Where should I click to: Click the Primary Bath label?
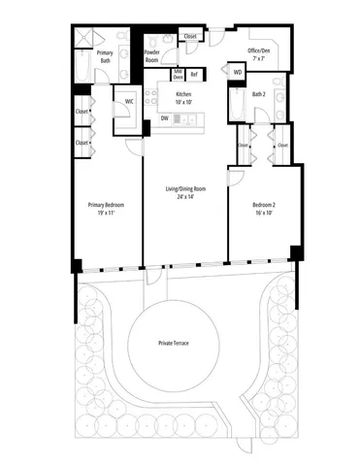(x=105, y=54)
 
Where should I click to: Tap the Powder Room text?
(x=152, y=56)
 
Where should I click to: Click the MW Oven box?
(x=178, y=74)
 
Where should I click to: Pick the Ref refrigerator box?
(x=194, y=74)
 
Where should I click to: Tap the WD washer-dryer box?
(x=237, y=72)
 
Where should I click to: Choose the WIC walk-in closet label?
(x=128, y=100)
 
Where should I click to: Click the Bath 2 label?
(x=258, y=95)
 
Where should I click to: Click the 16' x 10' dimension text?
(x=258, y=215)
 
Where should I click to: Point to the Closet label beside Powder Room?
(x=189, y=36)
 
